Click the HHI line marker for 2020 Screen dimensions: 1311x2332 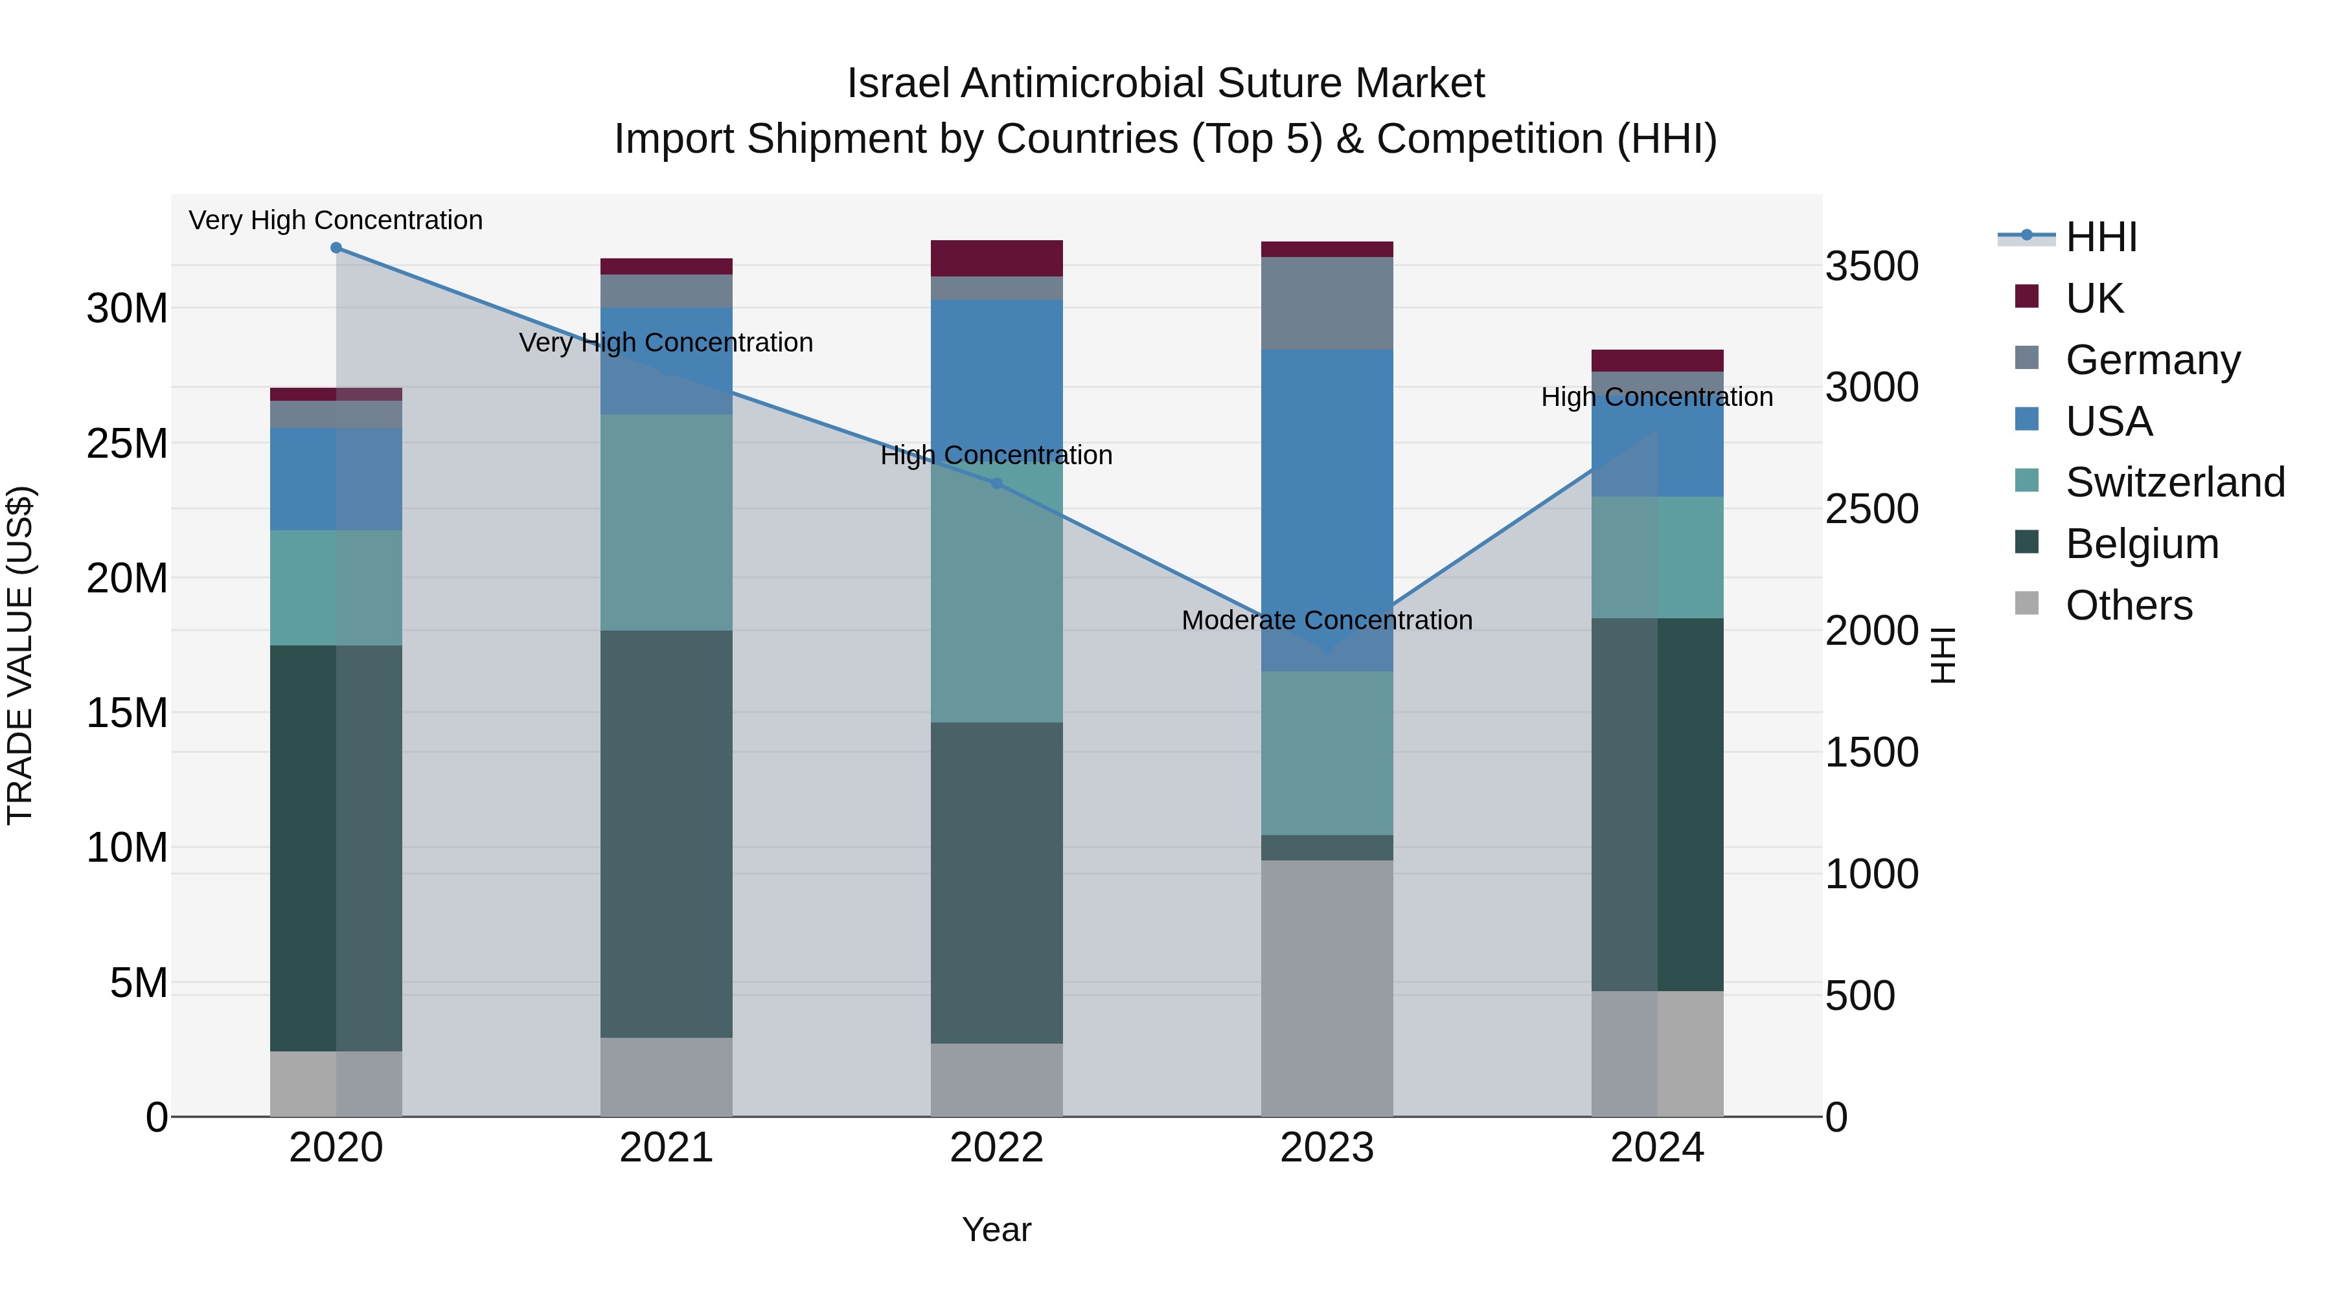coord(336,248)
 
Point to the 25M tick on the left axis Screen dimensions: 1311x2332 coord(127,443)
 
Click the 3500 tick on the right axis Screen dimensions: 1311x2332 coord(1871,267)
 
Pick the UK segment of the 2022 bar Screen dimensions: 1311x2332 coord(997,258)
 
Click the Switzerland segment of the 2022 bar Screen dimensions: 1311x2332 coord(997,597)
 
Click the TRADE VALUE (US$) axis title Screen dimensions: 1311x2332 coord(21,655)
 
